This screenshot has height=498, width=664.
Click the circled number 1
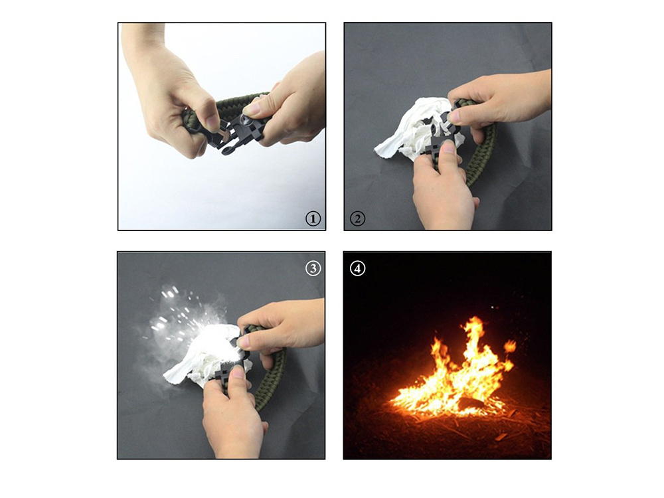click(x=313, y=219)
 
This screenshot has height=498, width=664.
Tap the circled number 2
click(x=357, y=218)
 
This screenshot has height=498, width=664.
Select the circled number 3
click(x=313, y=268)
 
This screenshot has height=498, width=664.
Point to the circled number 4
click(x=357, y=268)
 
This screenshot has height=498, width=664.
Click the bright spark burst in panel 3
click(x=187, y=322)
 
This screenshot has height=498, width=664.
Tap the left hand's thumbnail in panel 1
click(x=210, y=124)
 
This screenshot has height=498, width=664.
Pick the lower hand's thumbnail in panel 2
click(x=448, y=147)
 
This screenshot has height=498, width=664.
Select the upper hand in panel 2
click(x=500, y=104)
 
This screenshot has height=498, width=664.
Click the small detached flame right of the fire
click(x=510, y=347)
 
